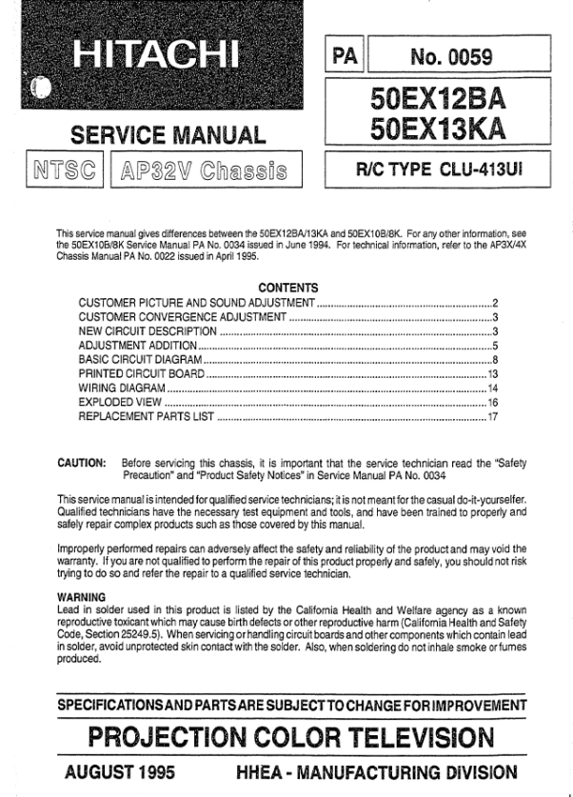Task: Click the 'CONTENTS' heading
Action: pyautogui.click(x=288, y=288)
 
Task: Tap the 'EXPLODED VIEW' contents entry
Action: pyautogui.click(x=117, y=403)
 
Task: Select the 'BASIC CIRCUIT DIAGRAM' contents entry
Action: pyautogui.click(x=140, y=360)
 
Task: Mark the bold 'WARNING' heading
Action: pyautogui.click(x=80, y=597)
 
